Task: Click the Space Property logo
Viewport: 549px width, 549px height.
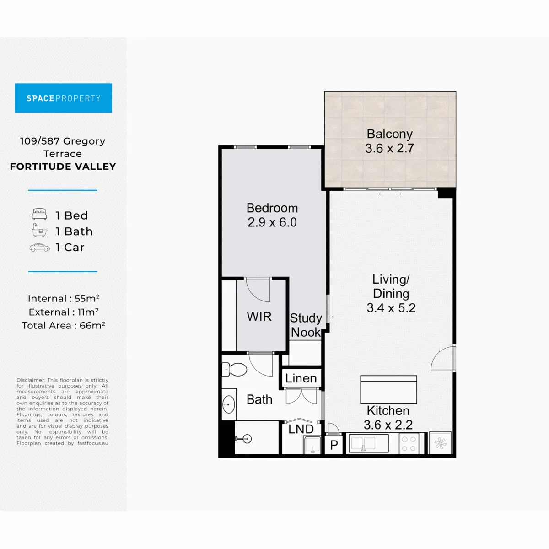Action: [x=63, y=98]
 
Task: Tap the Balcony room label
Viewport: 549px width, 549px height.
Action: [x=389, y=134]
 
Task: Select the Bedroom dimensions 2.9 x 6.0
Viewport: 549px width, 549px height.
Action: [x=272, y=222]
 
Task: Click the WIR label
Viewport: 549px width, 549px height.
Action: [x=259, y=317]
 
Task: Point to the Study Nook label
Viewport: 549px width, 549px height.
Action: [x=306, y=325]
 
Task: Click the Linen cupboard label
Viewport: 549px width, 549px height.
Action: [x=301, y=378]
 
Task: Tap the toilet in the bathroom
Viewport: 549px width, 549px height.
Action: [x=234, y=370]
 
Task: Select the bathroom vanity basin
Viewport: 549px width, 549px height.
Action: [x=229, y=404]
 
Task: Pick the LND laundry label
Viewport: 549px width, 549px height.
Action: [x=301, y=429]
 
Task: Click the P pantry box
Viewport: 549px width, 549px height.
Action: [x=334, y=445]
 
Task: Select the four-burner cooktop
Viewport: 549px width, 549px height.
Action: [x=409, y=444]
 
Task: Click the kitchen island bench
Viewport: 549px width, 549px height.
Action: [x=388, y=389]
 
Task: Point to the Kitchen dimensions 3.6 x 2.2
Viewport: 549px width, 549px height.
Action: [x=388, y=425]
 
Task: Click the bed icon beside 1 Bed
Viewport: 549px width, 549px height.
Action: [x=39, y=214]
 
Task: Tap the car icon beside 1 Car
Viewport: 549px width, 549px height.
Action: [x=40, y=248]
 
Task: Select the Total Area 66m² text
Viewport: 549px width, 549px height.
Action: [x=64, y=325]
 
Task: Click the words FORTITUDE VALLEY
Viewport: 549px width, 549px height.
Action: [x=63, y=167]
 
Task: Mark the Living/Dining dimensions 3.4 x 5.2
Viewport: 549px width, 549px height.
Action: [x=391, y=308]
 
